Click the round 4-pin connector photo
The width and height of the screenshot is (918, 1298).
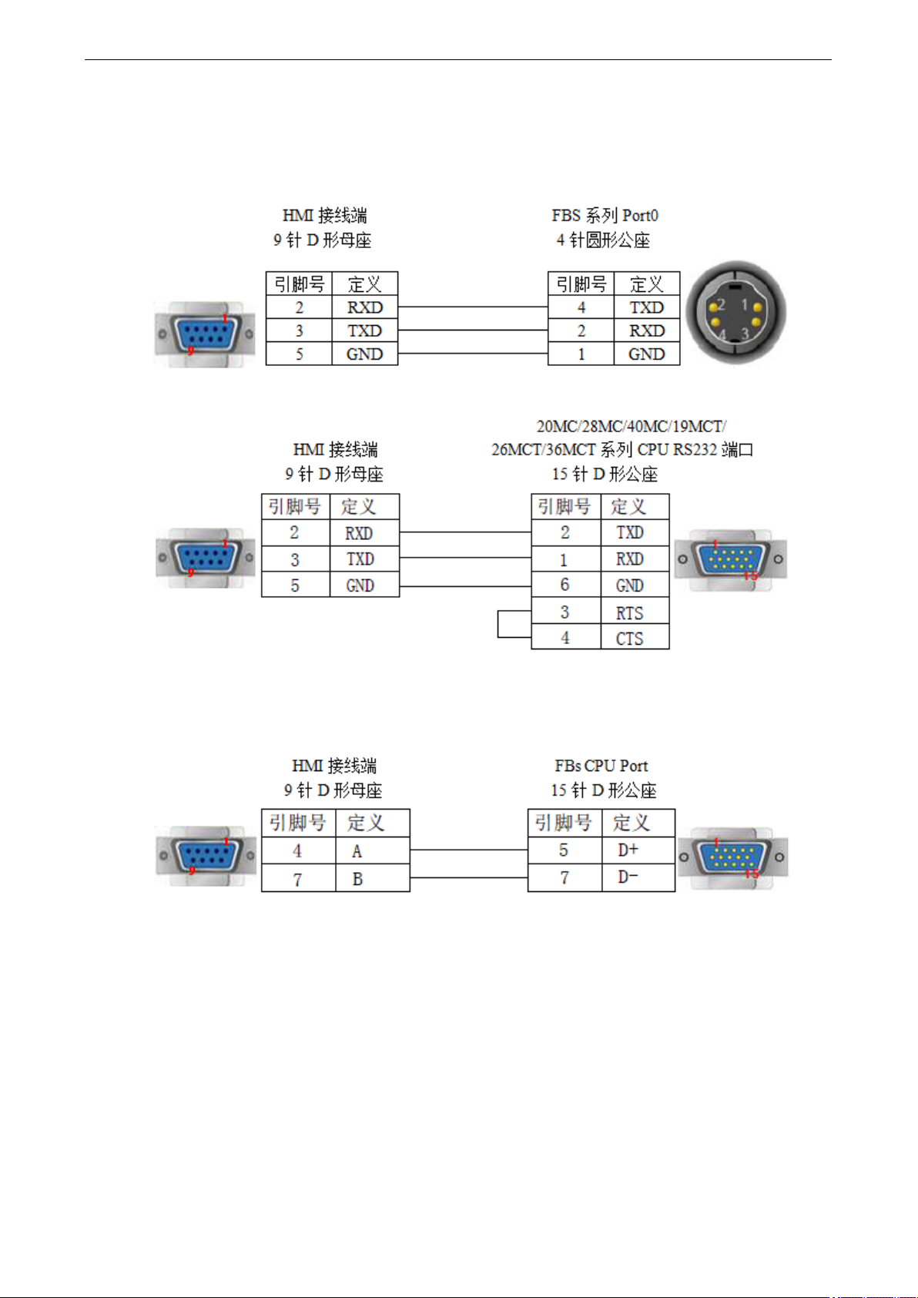coord(735,314)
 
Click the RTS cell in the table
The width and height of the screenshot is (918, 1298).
coord(635,611)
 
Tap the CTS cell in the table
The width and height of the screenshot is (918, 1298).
coord(635,637)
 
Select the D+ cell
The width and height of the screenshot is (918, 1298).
coord(638,850)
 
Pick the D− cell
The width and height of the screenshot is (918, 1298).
coord(638,877)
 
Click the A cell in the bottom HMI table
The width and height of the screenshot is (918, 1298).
coord(373,850)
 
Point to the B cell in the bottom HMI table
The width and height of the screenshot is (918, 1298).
coord(373,878)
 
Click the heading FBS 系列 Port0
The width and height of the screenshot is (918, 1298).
coord(605,216)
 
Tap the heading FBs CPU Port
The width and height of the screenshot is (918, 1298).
coord(601,766)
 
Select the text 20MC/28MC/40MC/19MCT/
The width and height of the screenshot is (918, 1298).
coord(632,427)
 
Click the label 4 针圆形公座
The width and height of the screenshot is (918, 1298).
coord(603,240)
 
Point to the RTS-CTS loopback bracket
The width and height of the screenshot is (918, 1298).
coord(498,624)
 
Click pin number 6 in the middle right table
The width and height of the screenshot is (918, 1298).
coord(565,585)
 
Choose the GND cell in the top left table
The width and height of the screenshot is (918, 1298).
coord(365,354)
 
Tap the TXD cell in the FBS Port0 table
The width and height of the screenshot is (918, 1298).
coord(646,307)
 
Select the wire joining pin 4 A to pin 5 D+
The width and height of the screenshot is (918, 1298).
coord(468,850)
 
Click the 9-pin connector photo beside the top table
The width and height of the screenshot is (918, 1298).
coord(204,334)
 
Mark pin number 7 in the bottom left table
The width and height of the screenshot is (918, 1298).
coord(297,879)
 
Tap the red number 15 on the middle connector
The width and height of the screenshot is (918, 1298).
coord(751,575)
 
